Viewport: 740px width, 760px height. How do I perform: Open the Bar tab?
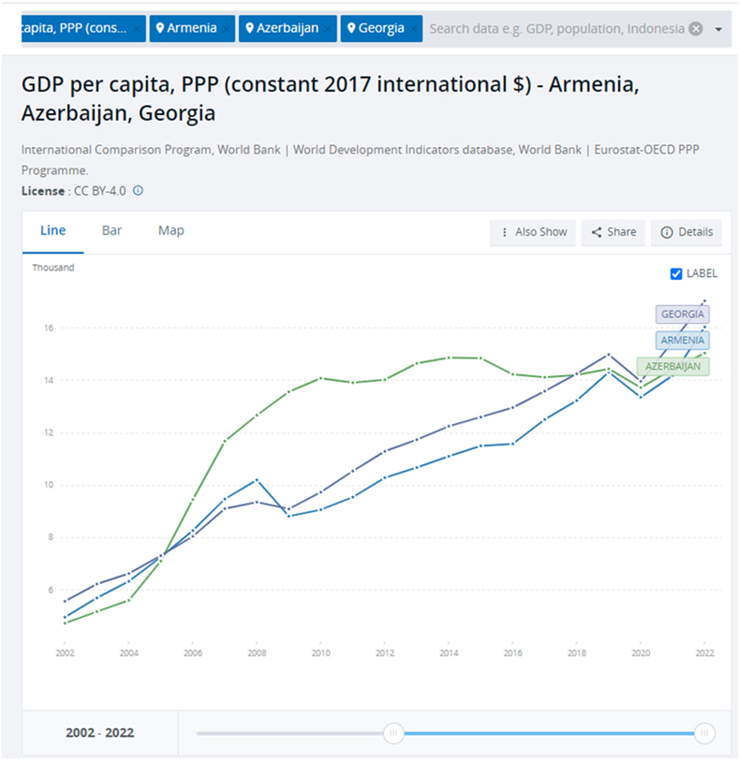[111, 230]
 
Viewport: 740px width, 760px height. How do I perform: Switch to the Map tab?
[170, 230]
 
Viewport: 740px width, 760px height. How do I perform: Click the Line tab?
[52, 230]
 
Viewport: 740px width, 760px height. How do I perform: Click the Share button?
[614, 232]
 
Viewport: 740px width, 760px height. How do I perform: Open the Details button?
[687, 232]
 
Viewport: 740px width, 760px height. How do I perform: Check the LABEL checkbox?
[677, 273]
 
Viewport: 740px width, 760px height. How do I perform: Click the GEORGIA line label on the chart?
[682, 314]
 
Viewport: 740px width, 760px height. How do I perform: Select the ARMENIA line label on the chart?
[681, 341]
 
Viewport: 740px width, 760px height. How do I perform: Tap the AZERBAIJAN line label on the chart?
[673, 366]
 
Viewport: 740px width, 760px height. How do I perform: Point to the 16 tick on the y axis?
[47, 329]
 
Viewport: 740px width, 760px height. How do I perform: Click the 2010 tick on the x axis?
[320, 651]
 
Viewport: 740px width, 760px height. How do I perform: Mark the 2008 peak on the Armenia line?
[257, 479]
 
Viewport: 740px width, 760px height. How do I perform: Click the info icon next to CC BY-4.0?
[138, 191]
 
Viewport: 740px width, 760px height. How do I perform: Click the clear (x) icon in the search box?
[695, 28]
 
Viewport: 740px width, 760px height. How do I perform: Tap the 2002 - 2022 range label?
[99, 733]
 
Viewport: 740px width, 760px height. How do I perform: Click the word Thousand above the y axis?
[53, 268]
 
